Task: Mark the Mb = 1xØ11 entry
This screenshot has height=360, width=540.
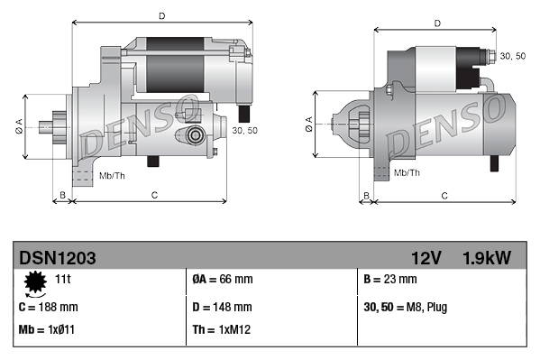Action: [x=47, y=329]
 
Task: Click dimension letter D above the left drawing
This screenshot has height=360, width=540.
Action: [x=160, y=15]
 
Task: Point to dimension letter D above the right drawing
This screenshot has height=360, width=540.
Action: [x=436, y=23]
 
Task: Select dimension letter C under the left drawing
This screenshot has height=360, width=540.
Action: [x=154, y=195]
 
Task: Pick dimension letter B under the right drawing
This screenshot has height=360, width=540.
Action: [x=365, y=195]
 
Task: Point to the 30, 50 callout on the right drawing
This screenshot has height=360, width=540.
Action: [x=512, y=56]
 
